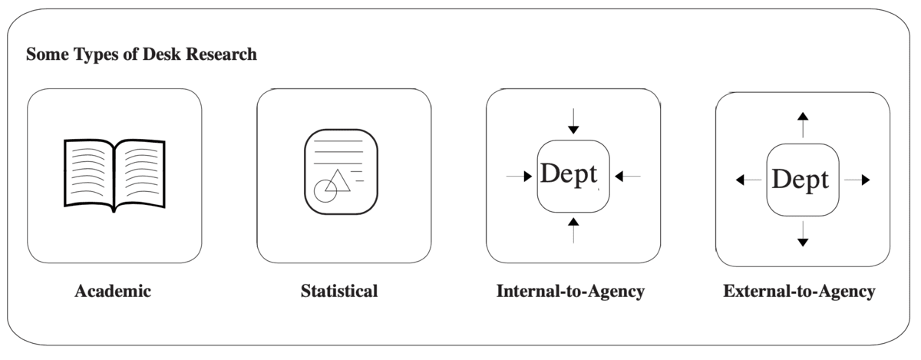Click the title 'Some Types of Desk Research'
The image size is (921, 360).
142,55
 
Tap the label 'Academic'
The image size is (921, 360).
114,292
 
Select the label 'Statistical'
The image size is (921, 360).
339,292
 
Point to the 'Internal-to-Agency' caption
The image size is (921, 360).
570,292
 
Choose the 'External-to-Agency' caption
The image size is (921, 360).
799,292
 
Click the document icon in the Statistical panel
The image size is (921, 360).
342,172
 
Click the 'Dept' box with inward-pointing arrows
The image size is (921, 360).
573,177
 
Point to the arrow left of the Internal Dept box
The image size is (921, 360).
520,177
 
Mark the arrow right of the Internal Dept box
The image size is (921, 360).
627,177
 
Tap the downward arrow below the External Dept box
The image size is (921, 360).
803,234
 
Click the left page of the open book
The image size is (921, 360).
89,173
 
